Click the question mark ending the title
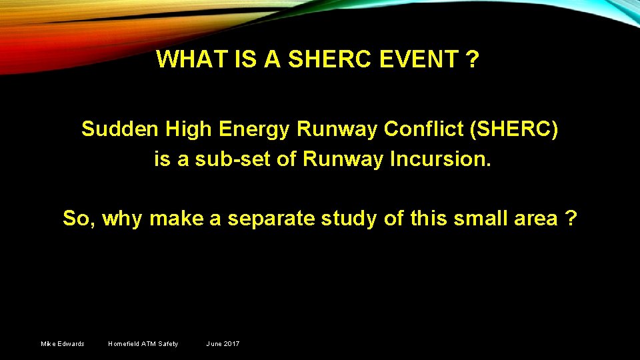pos(473,60)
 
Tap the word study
pos(355,219)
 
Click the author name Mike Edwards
pos(63,344)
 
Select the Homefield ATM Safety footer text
pos(143,344)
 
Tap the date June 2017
pos(223,344)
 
